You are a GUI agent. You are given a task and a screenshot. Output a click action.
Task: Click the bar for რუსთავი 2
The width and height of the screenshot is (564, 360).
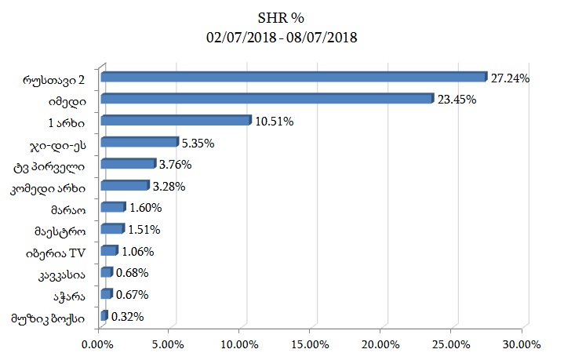(293, 77)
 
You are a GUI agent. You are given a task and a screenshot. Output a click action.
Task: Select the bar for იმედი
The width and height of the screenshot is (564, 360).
(267, 99)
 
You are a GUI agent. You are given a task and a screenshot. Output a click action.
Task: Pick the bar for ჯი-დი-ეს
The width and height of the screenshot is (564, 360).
(139, 142)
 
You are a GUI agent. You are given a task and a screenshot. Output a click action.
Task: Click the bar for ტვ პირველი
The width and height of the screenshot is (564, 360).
(128, 164)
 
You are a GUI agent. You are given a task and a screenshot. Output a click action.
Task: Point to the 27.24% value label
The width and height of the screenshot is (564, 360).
(511, 78)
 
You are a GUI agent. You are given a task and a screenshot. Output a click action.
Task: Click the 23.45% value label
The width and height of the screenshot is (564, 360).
(457, 100)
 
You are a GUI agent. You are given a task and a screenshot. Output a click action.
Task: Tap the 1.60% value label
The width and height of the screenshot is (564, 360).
(145, 208)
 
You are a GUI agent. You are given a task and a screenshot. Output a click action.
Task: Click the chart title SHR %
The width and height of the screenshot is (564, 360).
(282, 17)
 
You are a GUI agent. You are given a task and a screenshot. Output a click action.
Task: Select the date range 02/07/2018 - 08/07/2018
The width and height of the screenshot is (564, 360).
(282, 37)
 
